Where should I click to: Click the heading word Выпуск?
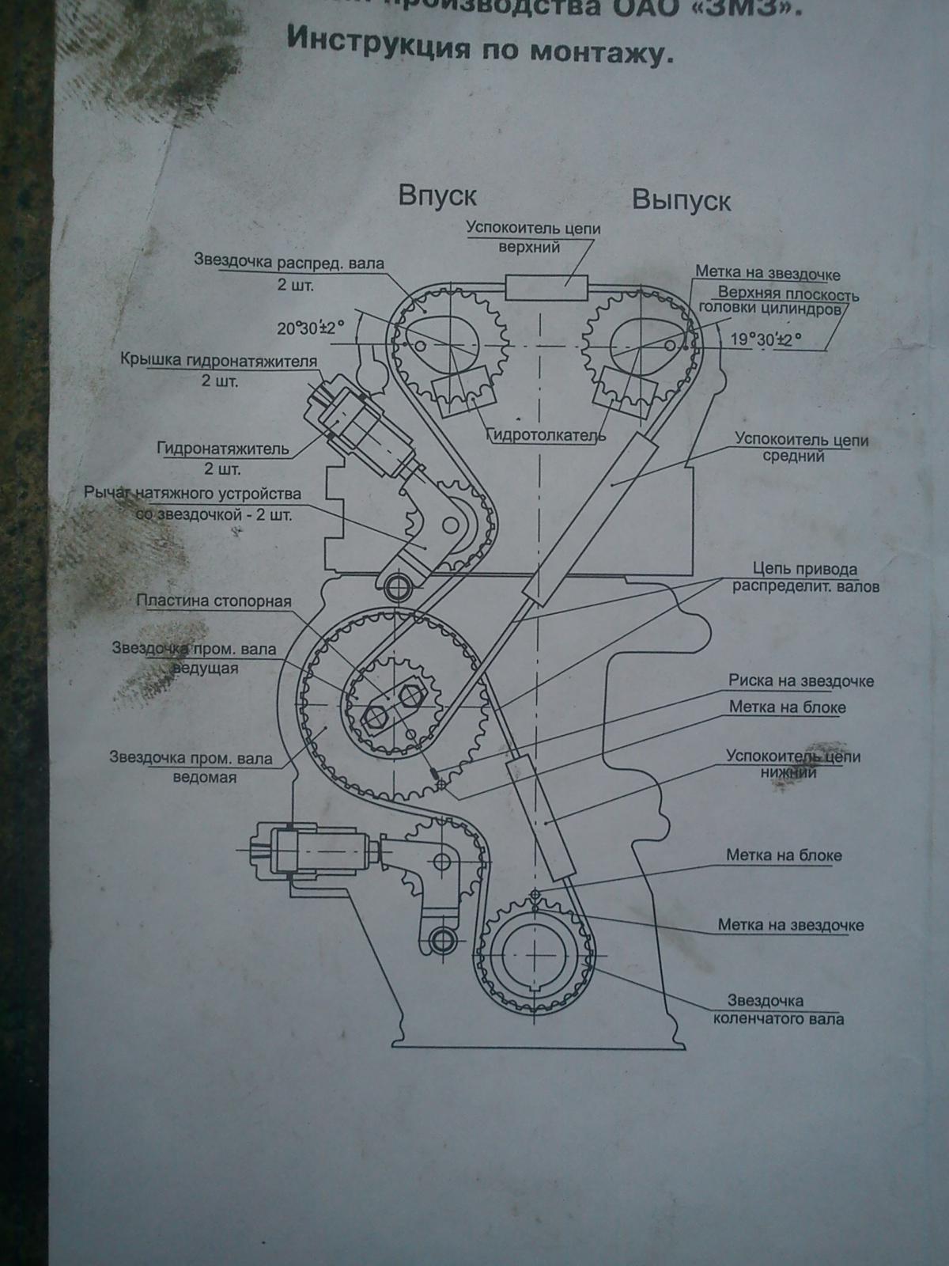point(681,200)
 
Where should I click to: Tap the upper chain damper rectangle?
point(546,287)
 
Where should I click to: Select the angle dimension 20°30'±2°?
point(312,328)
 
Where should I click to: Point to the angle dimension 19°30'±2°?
point(765,339)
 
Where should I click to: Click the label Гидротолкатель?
point(546,435)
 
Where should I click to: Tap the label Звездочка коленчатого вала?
point(778,1010)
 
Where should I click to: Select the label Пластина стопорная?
point(214,601)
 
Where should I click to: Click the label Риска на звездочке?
point(800,680)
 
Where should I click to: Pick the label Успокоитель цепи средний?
point(801,447)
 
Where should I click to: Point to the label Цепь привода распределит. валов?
point(805,578)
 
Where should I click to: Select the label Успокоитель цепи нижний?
point(793,764)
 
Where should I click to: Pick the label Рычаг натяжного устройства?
point(192,504)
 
